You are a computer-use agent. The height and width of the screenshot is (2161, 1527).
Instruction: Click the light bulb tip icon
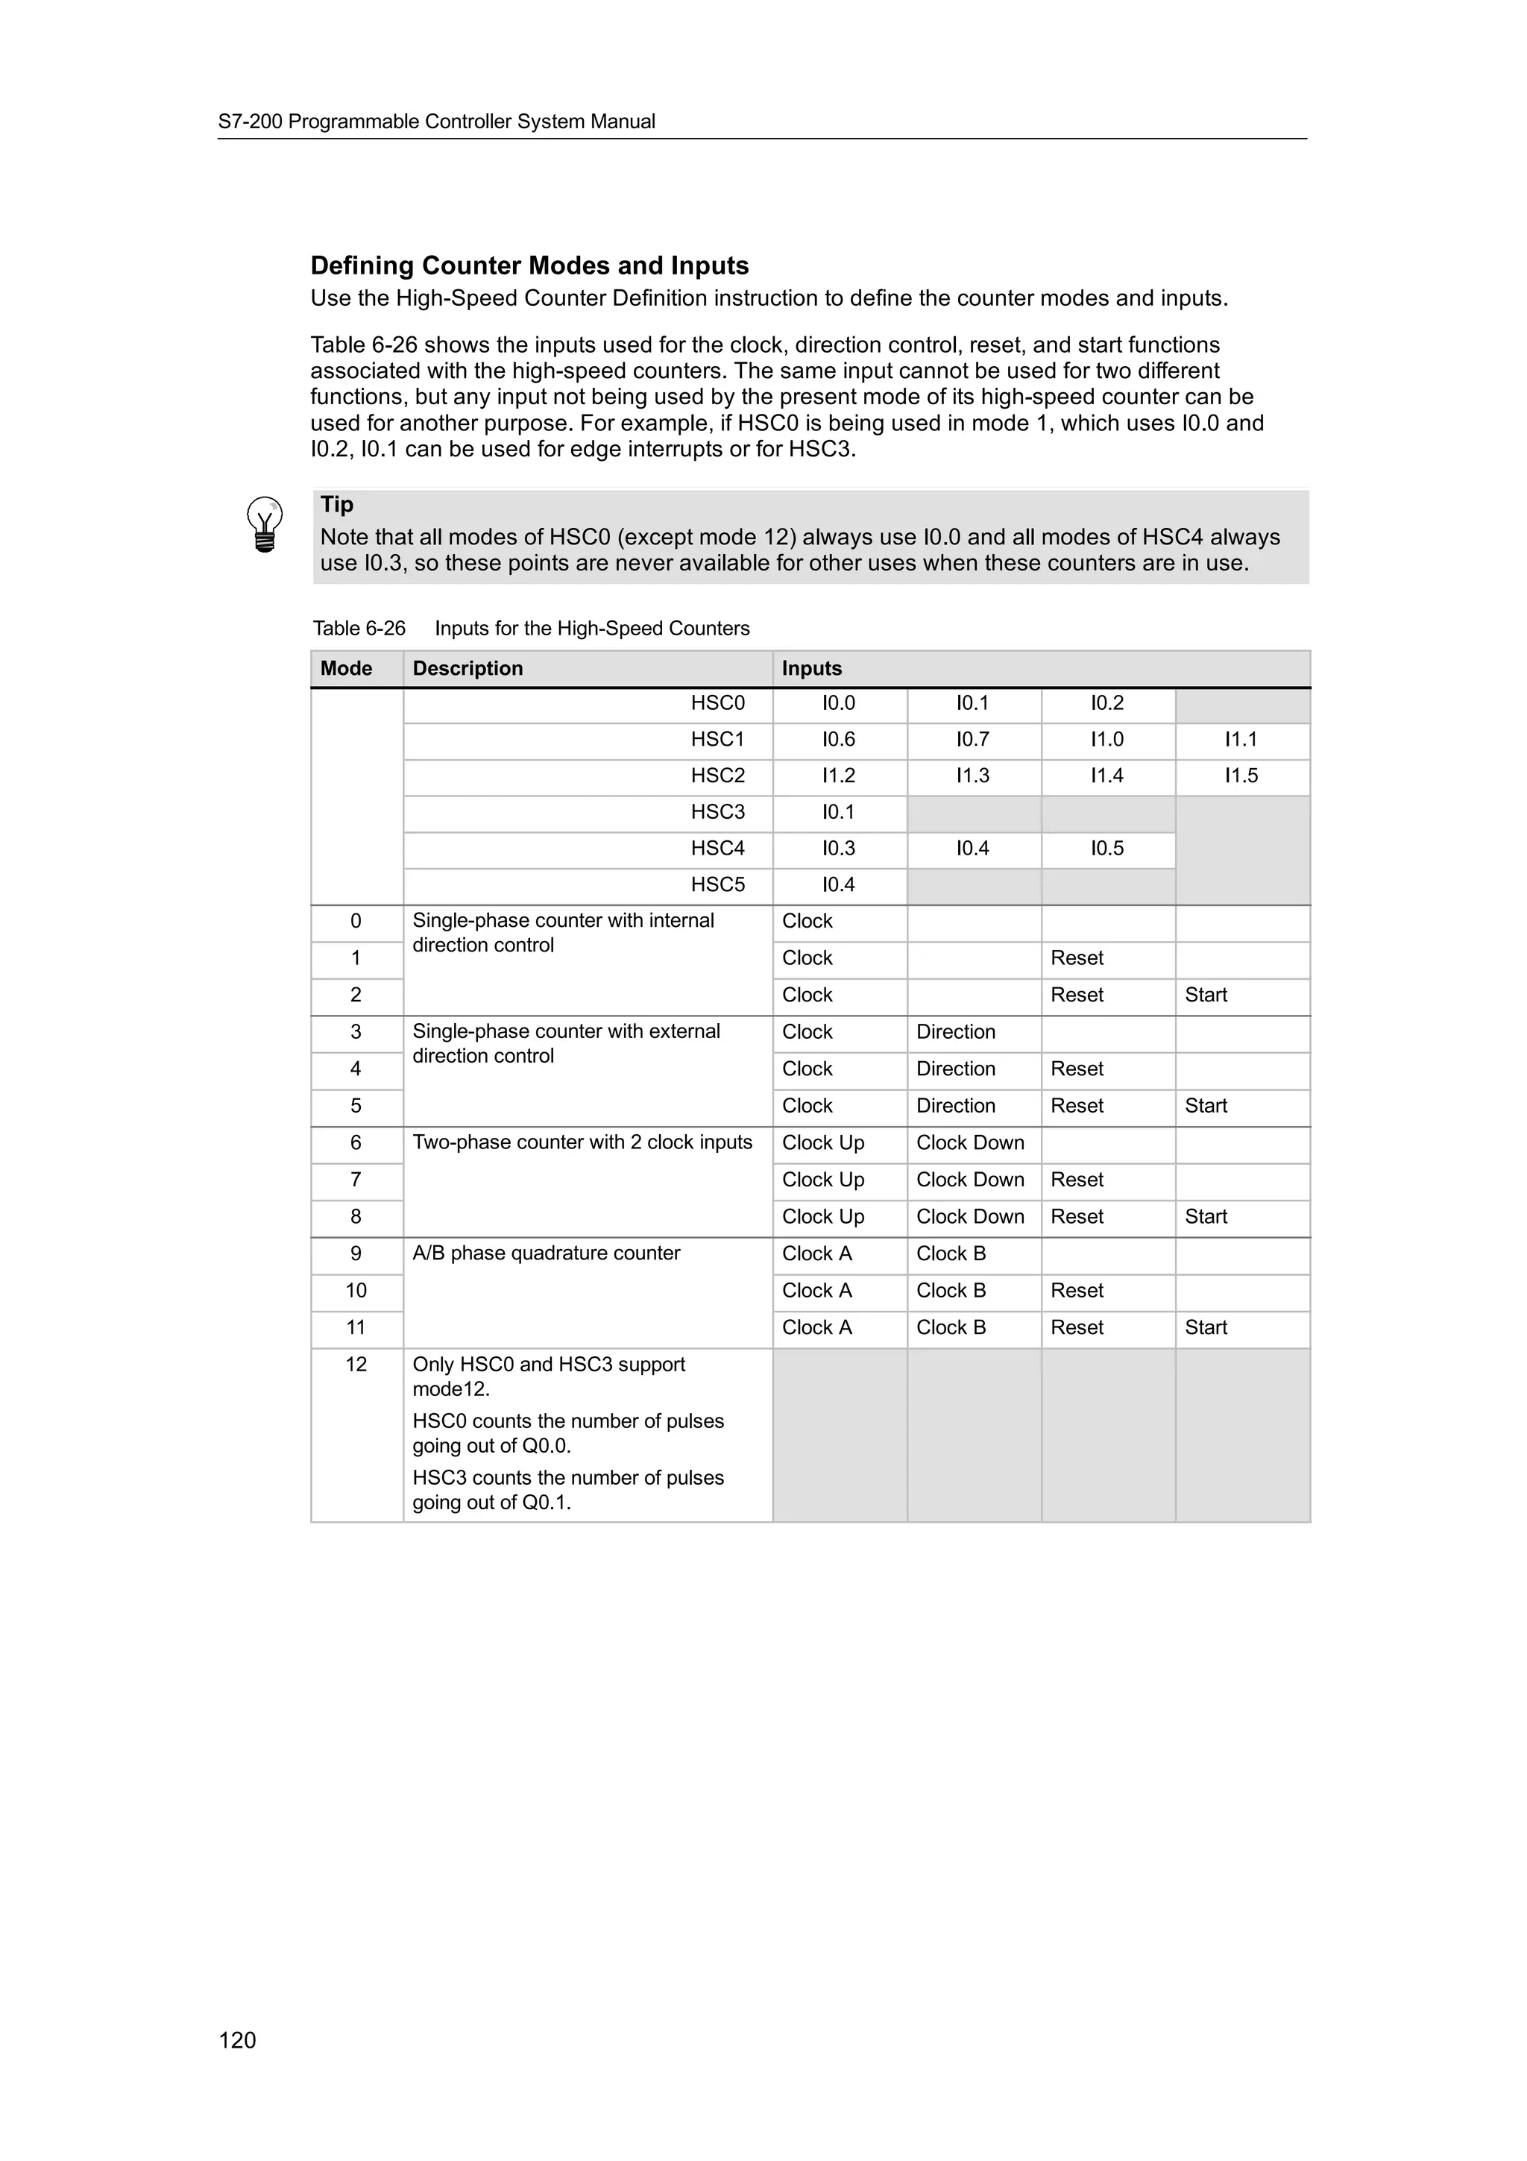pos(265,524)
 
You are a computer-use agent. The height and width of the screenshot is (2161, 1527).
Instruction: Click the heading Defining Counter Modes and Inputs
pos(529,265)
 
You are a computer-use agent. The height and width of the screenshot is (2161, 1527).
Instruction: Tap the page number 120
pos(237,2039)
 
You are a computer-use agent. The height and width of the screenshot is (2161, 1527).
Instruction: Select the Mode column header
pos(346,668)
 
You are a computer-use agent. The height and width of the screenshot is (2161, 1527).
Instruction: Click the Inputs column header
pos(811,668)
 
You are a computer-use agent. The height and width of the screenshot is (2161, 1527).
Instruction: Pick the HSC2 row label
pos(717,776)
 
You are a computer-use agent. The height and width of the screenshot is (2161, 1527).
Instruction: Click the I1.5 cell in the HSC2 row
pos(1240,776)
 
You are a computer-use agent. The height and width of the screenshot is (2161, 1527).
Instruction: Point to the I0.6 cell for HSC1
pos(838,740)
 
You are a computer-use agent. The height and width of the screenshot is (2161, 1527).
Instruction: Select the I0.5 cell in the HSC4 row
pos(1106,848)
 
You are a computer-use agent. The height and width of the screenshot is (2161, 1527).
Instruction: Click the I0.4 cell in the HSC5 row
pos(838,884)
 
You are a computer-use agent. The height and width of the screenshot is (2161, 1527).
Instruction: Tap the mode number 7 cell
pos(356,1180)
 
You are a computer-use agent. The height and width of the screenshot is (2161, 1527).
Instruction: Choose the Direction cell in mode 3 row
pos(955,1031)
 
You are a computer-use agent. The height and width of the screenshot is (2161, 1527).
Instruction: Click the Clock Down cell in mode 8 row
pos(969,1216)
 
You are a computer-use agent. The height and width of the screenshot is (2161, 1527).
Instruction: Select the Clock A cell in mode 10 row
pos(816,1290)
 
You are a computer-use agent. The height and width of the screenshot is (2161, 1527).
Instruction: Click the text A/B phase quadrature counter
pos(546,1253)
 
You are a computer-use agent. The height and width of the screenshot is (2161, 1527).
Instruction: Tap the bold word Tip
pos(337,505)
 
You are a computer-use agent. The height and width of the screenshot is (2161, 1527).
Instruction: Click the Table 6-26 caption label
pos(359,629)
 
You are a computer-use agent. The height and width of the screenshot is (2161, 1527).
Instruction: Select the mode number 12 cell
pos(356,1364)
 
